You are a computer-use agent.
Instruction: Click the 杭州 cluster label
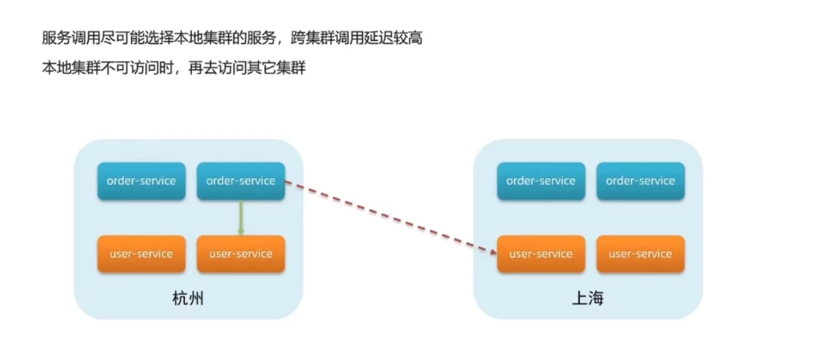(188, 298)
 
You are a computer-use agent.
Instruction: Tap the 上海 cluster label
(587, 298)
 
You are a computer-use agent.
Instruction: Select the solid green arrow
(241, 217)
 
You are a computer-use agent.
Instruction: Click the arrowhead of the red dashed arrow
(494, 251)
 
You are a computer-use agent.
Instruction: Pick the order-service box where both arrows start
(241, 181)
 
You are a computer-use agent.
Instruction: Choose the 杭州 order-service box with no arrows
(142, 181)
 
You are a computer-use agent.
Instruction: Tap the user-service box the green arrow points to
(241, 254)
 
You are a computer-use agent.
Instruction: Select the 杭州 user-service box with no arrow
(142, 254)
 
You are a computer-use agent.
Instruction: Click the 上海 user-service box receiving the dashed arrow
(541, 254)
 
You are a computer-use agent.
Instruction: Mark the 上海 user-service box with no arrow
(640, 254)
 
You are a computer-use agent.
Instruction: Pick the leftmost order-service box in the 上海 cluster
(541, 181)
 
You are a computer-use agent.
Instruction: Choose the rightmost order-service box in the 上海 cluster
(640, 181)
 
